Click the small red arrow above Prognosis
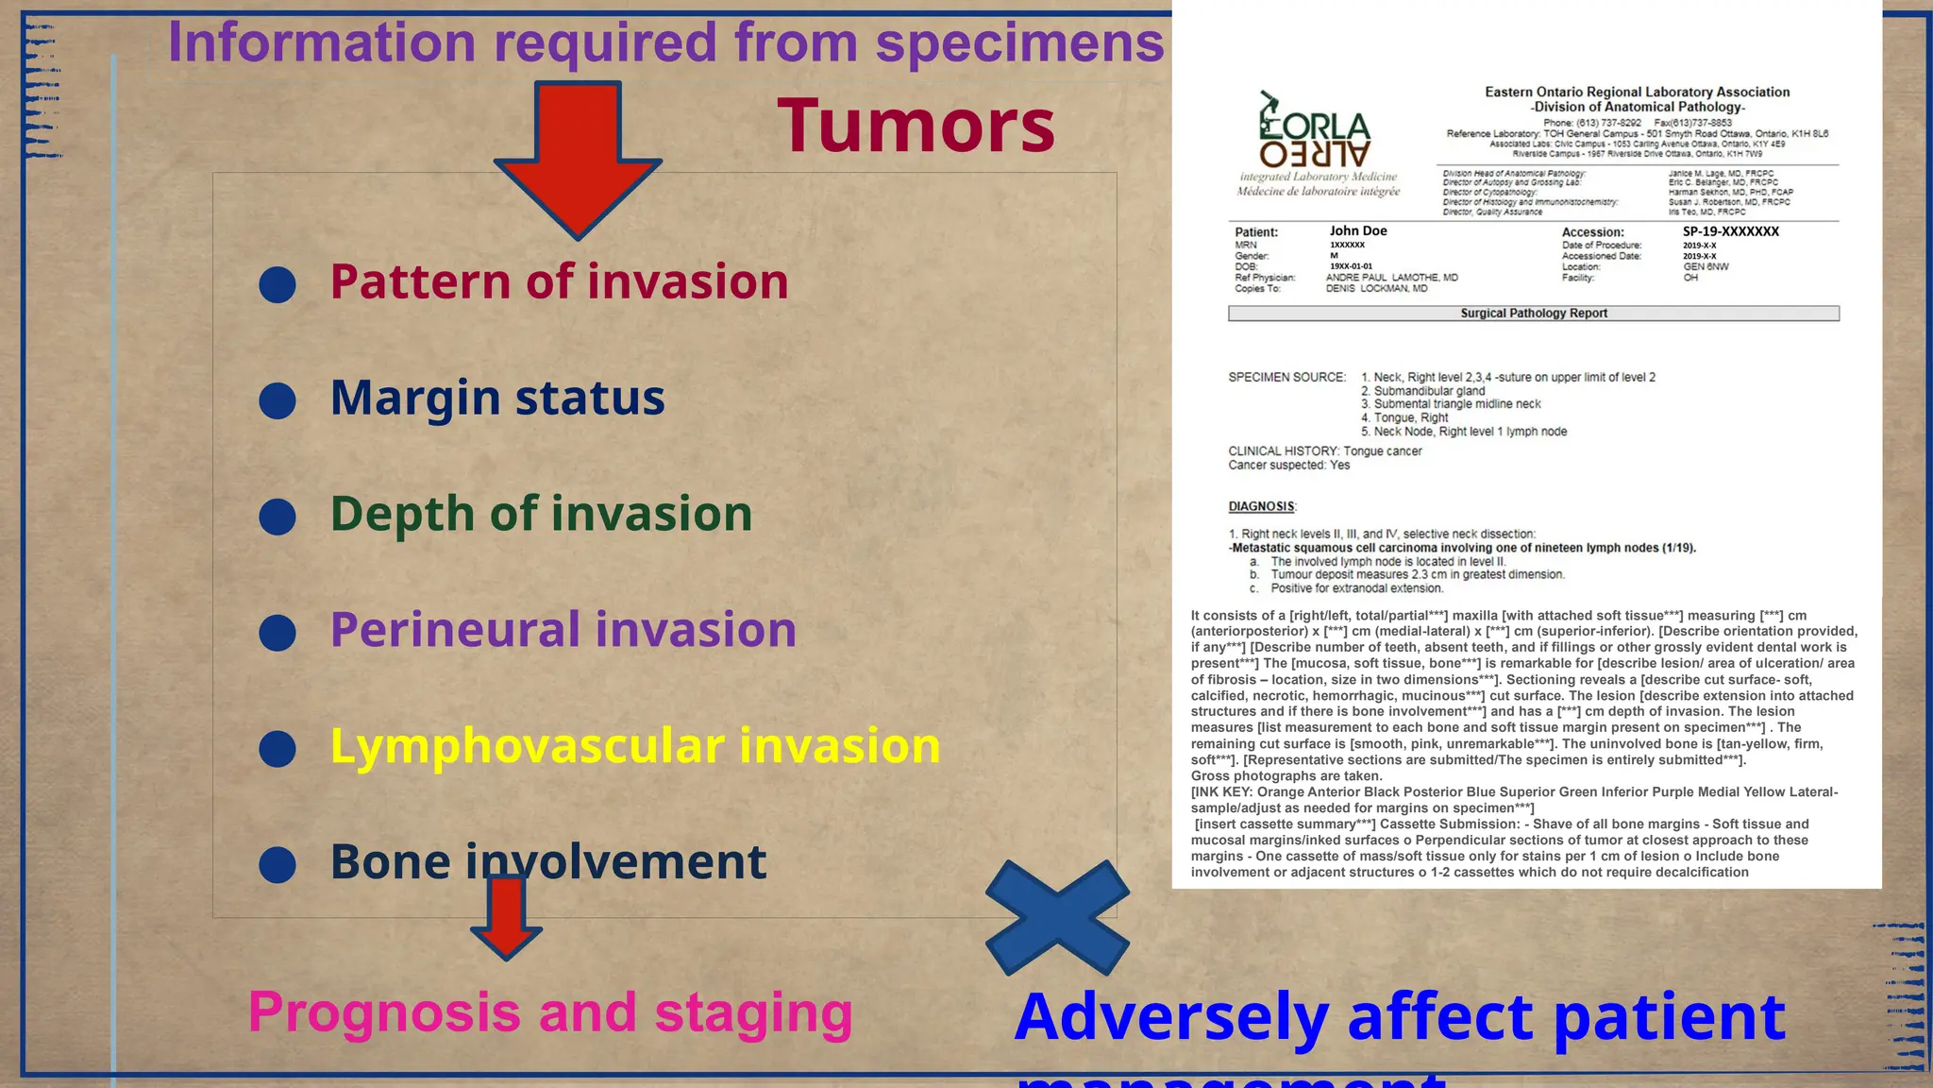pos(506,916)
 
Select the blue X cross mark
pos(1057,917)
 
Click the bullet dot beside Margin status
pos(277,400)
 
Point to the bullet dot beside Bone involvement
pos(277,864)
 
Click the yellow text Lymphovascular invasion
pos(635,746)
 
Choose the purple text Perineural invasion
pos(563,630)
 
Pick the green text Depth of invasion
pos(541,514)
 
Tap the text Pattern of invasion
pos(559,281)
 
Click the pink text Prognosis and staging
pos(550,1011)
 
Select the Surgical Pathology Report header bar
pos(1534,314)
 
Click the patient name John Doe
pos(1358,230)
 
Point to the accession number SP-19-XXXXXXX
pos(1730,231)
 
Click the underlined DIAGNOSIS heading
pos(1262,506)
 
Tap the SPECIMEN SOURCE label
pos(1286,377)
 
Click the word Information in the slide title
pos(322,42)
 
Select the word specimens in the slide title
pos(1019,42)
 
